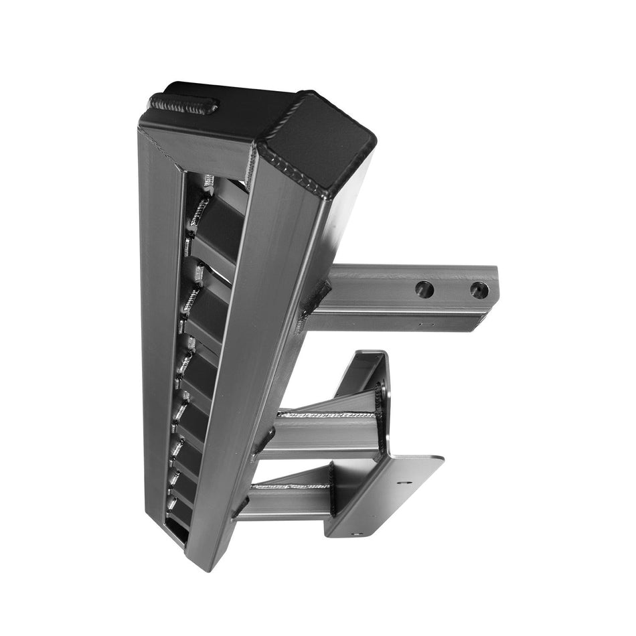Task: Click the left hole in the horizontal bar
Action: [x=424, y=289]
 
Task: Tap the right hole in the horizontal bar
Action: [x=479, y=290]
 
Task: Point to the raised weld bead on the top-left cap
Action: [x=184, y=104]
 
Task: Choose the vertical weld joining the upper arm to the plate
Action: [x=383, y=402]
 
